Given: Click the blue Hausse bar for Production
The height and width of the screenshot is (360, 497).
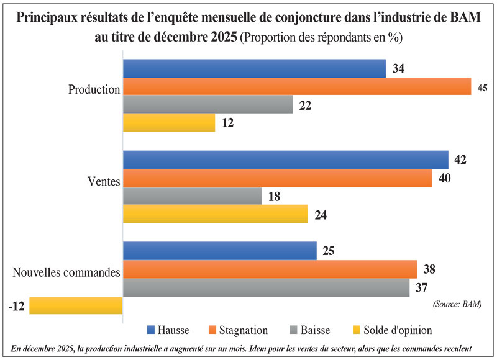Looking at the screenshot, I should coord(254,68).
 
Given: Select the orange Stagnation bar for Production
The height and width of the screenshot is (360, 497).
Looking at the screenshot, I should coord(297,86).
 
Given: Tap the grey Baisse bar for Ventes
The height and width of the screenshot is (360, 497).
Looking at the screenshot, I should coord(192,196).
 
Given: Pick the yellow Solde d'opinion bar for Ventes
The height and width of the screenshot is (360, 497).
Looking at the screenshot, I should coord(215,214).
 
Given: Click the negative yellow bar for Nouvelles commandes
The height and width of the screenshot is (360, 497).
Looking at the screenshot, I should coord(76,305).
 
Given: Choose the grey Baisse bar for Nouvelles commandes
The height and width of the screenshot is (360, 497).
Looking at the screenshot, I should coord(266,287).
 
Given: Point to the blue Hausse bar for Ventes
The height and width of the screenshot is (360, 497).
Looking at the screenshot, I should coord(285,160).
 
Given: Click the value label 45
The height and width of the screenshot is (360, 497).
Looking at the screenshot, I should coord(482,88).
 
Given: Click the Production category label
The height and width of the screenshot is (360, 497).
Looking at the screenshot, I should coord(93,89).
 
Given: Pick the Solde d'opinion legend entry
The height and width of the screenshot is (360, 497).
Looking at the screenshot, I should coord(398,330).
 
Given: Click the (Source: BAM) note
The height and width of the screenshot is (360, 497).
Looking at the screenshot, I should coord(457,304).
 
